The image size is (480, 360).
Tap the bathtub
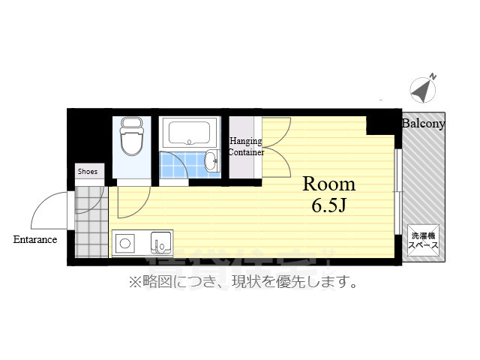coord(191,133)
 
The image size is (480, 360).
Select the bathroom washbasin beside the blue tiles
coord(211,160)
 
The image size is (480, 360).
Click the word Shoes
coord(88,172)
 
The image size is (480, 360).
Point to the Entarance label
coord(34,240)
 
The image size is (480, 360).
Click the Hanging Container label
coord(246,146)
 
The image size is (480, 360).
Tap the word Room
coord(328,184)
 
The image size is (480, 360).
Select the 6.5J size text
coord(328,205)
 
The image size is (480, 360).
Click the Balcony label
coord(424,124)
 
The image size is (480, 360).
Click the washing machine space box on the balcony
coord(423,241)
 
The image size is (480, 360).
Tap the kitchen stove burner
coord(124,243)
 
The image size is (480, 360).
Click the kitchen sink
coord(160,243)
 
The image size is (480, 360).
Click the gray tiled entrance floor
coord(91,220)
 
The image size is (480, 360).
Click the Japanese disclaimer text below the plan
coord(241,282)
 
